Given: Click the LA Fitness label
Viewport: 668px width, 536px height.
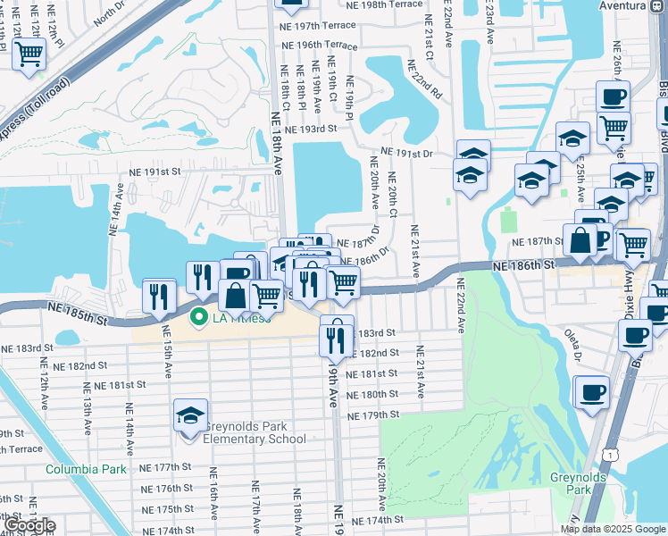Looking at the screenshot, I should coord(241,318).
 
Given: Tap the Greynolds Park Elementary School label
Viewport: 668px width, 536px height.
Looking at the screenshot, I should coord(255,432).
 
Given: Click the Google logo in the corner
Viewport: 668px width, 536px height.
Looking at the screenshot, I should coord(29,525).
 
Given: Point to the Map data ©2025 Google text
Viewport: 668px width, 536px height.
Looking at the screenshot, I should coord(613,529).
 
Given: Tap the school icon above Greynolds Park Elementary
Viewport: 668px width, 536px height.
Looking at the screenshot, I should coord(190,416).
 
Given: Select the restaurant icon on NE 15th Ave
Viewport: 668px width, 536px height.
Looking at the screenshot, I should coord(160,297).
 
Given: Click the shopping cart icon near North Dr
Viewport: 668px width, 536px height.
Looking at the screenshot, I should coord(29,54).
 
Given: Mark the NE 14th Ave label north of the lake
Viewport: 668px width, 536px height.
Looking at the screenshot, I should coord(115,210).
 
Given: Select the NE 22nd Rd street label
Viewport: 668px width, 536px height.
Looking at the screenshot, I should coord(424,80).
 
